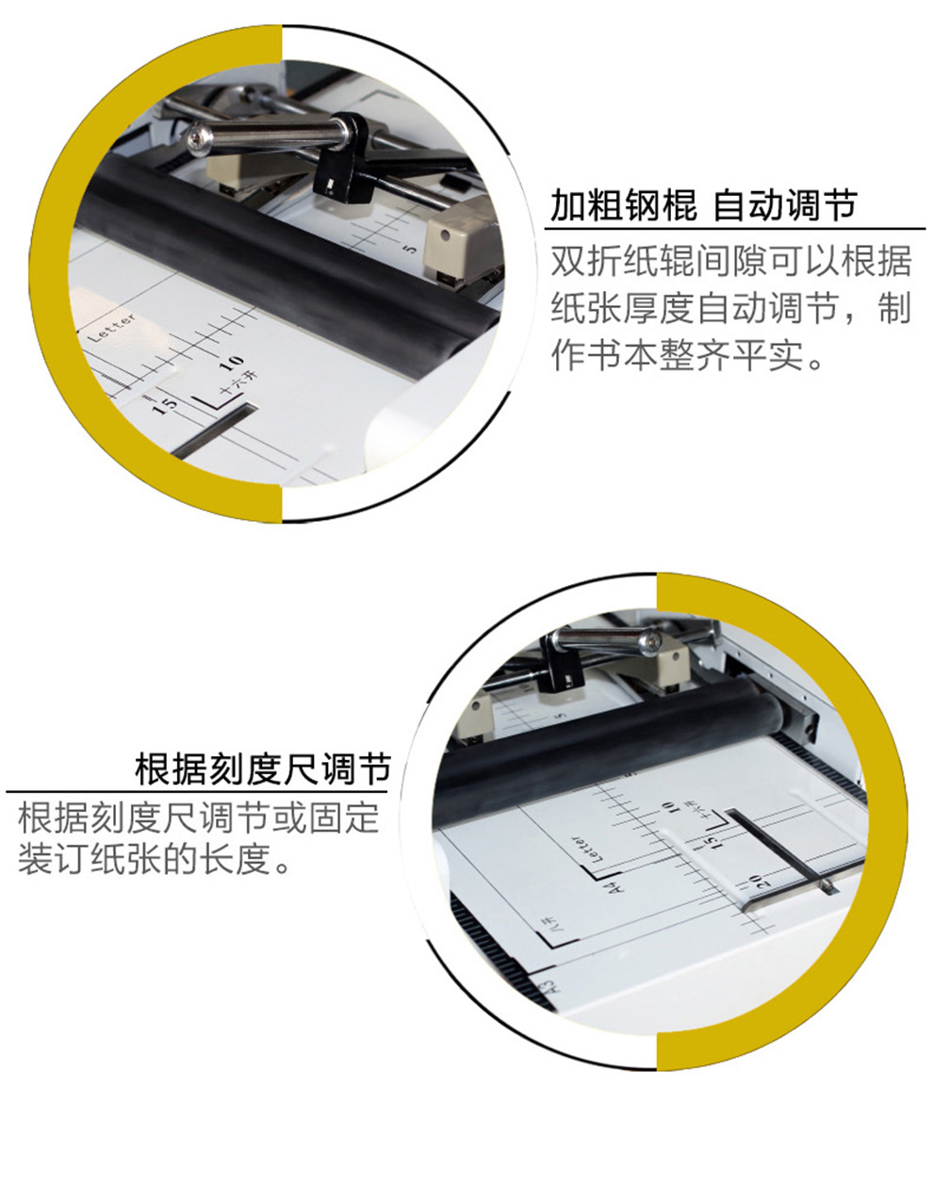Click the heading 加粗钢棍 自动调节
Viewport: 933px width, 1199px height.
703,205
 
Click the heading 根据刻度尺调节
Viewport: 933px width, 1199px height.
263,770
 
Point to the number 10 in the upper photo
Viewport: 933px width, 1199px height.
231,364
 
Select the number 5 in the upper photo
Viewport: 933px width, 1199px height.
412,250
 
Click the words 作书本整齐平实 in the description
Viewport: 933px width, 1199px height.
677,355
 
